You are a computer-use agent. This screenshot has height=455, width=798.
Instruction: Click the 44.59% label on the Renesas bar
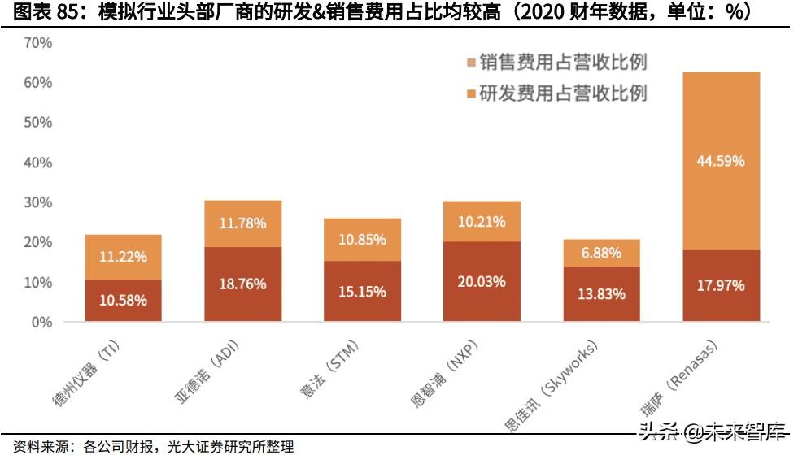pyautogui.click(x=721, y=161)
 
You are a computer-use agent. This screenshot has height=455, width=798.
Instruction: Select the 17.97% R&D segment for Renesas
pyautogui.click(x=721, y=286)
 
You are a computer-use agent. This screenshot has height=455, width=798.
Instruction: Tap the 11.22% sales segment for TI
pyautogui.click(x=123, y=257)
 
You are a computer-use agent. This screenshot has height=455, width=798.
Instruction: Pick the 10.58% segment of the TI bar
pyautogui.click(x=123, y=301)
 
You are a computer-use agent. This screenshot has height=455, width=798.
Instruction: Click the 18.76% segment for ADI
pyautogui.click(x=242, y=284)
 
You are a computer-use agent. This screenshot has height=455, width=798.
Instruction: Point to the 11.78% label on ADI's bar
pyautogui.click(x=242, y=223)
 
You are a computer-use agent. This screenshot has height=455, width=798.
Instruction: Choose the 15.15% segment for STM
pyautogui.click(x=362, y=291)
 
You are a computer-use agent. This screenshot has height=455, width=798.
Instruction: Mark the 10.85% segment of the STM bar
pyautogui.click(x=362, y=240)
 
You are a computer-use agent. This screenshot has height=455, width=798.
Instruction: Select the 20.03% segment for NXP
pyautogui.click(x=482, y=282)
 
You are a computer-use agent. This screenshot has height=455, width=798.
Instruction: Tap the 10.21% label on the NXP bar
pyautogui.click(x=482, y=221)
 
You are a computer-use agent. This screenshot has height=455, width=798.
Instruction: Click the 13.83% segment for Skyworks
pyautogui.click(x=601, y=294)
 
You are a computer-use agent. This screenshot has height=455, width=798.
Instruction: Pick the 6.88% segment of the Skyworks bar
pyautogui.click(x=601, y=253)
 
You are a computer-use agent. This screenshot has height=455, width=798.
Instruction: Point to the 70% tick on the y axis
pyautogui.click(x=38, y=43)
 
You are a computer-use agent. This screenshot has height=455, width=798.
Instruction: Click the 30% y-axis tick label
pyautogui.click(x=38, y=202)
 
